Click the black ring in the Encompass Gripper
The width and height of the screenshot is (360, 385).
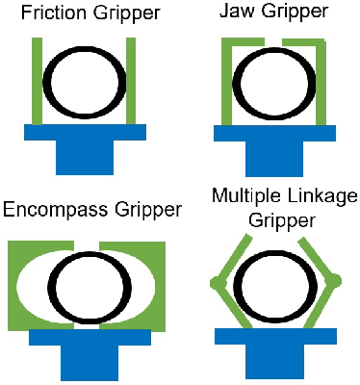click(x=59, y=289)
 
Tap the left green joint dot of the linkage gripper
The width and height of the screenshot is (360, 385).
click(x=216, y=283)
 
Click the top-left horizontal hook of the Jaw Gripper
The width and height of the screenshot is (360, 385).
click(x=242, y=42)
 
